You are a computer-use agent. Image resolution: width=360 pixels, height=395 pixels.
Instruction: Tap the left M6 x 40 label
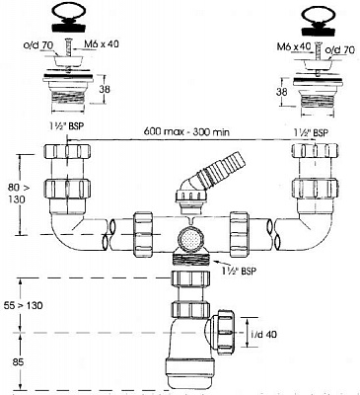pyautogui.click(x=102, y=45)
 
